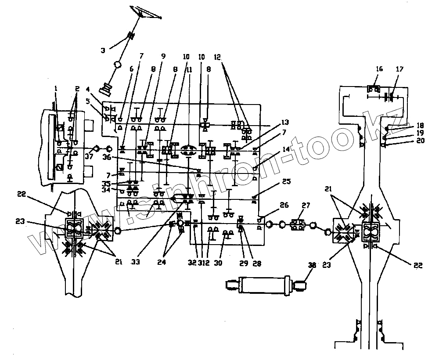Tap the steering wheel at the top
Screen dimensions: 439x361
147,12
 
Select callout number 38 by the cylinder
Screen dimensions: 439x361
312,265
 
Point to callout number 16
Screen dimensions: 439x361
379,69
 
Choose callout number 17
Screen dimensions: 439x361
399,69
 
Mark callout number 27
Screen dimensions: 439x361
306,205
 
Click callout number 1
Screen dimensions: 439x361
56,88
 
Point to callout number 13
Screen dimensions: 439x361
286,122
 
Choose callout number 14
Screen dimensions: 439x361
286,149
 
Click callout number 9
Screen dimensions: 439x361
163,56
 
